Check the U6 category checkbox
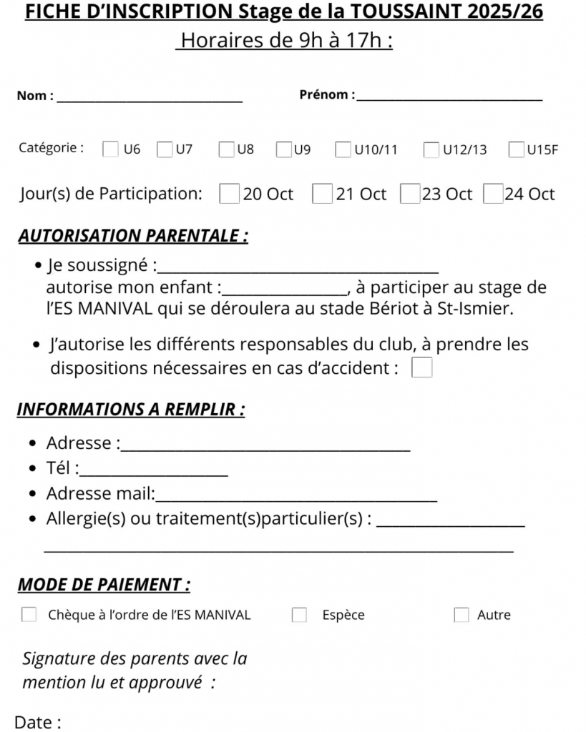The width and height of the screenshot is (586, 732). [x=111, y=149]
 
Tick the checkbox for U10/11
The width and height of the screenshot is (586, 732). [x=343, y=149]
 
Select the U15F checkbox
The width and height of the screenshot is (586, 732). [x=517, y=149]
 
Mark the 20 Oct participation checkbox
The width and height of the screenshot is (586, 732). [x=229, y=194]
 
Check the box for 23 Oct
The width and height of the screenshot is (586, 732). [x=409, y=194]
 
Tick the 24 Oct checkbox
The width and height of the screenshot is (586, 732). [x=493, y=194]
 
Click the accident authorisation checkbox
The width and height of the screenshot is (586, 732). [x=422, y=368]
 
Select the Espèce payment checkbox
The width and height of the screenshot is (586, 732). [x=299, y=615]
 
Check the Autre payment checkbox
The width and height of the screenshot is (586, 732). [x=462, y=615]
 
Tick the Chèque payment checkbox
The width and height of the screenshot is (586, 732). [x=29, y=615]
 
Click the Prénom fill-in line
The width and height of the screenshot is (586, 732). [x=449, y=99]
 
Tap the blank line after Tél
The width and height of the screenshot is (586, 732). [x=155, y=474]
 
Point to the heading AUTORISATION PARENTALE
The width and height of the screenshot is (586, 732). [x=133, y=236]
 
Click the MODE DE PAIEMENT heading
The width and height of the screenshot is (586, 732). [x=104, y=585]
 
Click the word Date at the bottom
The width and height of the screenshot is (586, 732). [x=34, y=723]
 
